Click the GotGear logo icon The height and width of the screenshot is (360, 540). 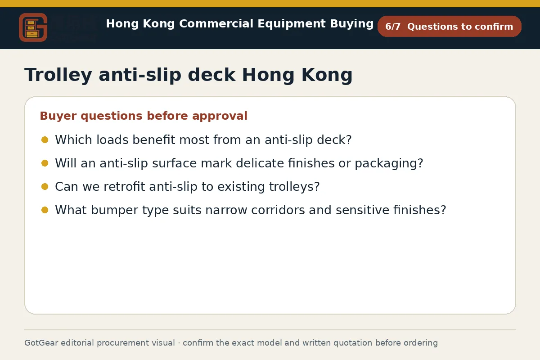[33, 27]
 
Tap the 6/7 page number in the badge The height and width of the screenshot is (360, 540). [393, 27]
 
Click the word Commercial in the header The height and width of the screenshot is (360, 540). [216, 24]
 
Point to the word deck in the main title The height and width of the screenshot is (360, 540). [211, 75]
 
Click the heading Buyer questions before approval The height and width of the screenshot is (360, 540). [144, 116]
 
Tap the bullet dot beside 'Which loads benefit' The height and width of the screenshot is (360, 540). [45, 140]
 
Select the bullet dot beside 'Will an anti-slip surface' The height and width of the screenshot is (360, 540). [45, 163]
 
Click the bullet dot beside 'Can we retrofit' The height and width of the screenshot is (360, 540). [45, 187]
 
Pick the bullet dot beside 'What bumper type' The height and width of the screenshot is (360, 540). [45, 210]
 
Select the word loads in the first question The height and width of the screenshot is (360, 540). [112, 140]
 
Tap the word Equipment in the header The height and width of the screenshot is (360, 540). [292, 24]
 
